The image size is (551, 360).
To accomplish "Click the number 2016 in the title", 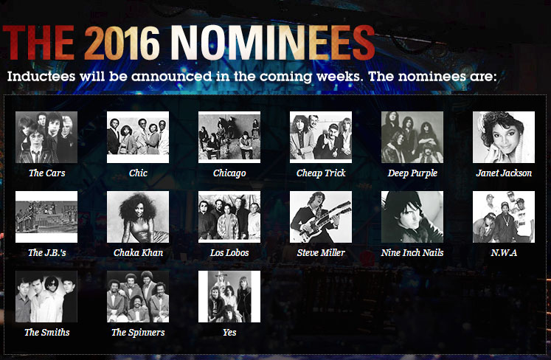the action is [122, 43].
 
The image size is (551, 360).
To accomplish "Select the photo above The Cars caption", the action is [46, 137].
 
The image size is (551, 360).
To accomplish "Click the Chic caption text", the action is [138, 173].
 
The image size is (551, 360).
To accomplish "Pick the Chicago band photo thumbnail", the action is [229, 137].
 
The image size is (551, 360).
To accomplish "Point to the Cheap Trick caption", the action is [321, 173].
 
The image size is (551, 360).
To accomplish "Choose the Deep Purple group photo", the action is [412, 137].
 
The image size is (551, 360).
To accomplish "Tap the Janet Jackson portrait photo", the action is [504, 137].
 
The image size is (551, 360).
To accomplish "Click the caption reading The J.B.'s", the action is [46, 253].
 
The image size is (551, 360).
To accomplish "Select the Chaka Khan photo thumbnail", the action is [138, 217].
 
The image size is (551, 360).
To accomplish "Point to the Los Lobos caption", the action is [229, 253].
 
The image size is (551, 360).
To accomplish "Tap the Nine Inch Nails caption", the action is [412, 253].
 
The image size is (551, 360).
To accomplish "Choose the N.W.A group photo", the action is [504, 217].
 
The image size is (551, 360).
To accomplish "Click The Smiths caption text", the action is [46, 333].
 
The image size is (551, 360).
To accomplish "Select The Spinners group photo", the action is [138, 297].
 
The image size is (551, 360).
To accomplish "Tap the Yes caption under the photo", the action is [229, 333].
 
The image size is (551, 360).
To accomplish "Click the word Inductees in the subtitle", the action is [41, 76].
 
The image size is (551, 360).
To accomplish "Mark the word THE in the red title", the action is [38, 43].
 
